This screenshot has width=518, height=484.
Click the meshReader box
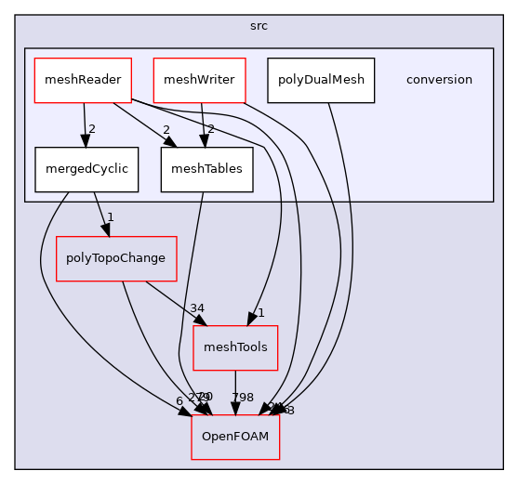coord(83,80)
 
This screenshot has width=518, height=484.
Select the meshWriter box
coord(198,80)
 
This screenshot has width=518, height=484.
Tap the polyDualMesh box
coord(321,80)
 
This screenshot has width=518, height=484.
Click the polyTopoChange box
coord(117,258)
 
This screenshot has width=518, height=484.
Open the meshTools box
coord(235,347)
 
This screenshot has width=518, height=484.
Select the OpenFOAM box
coord(235,437)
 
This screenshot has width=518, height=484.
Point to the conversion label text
coord(439,80)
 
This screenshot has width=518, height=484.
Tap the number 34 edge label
coord(197,307)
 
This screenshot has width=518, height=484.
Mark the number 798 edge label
coord(243,398)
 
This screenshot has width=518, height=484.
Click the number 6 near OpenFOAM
coord(178,399)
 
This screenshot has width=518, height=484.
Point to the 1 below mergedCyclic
coord(110,217)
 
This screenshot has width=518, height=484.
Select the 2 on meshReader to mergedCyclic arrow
coord(92,128)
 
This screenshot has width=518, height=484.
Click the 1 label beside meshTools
coord(261,313)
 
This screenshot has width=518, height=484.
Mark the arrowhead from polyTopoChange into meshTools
coord(202,320)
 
